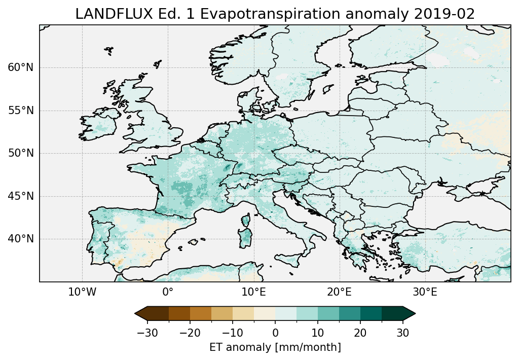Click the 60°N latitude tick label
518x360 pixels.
[x=21, y=67]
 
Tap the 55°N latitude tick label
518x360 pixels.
[x=21, y=111]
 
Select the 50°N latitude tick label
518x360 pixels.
[x=21, y=153]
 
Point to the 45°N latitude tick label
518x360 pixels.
[x=21, y=196]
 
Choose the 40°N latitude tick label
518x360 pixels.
[x=21, y=239]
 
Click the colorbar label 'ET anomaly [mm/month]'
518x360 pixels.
[x=275, y=347]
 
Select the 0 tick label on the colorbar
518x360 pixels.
[x=275, y=333]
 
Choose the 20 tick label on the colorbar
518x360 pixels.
[x=360, y=333]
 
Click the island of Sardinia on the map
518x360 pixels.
[x=246, y=236]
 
